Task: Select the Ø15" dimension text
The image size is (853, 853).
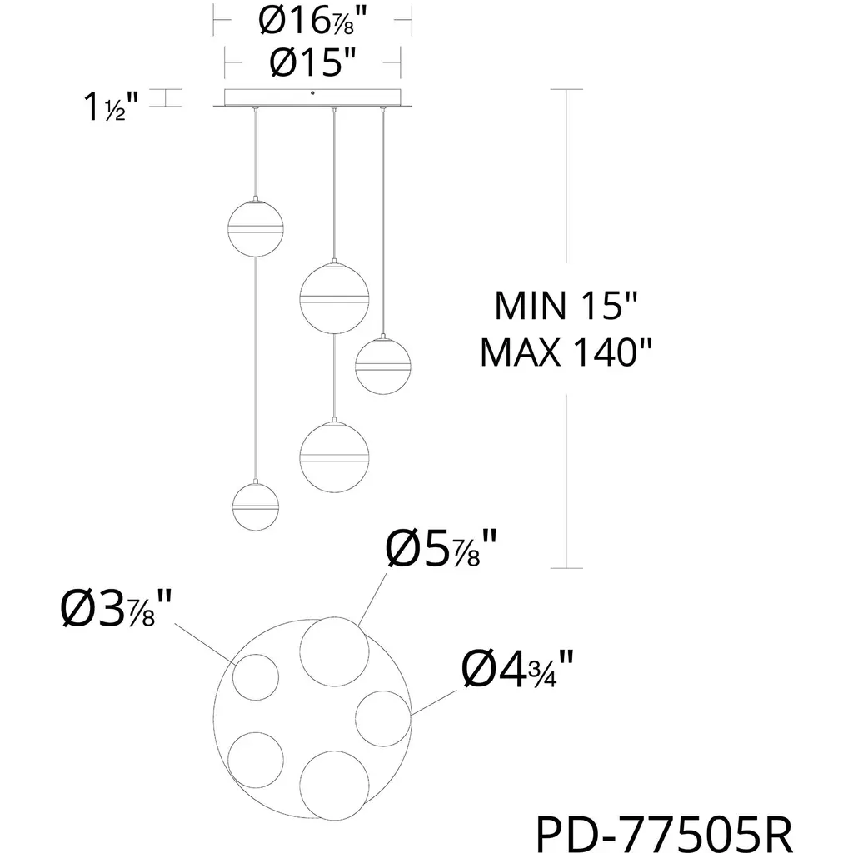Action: click(x=313, y=63)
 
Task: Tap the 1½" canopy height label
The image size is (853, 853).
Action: click(x=111, y=106)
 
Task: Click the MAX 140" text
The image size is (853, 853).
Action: click(x=566, y=352)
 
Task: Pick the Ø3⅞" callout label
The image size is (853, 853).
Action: click(x=116, y=608)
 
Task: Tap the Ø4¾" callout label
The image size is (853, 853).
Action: click(x=517, y=669)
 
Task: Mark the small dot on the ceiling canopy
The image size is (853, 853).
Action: click(x=312, y=93)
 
